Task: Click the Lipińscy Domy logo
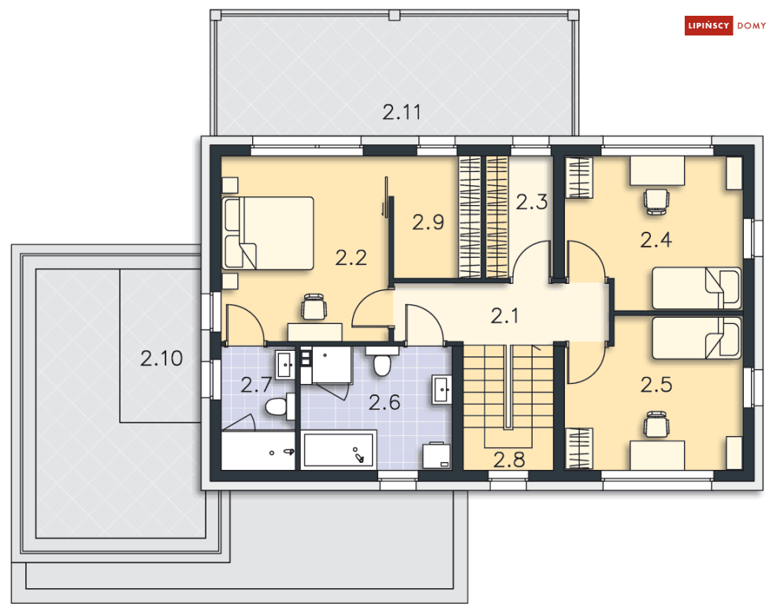[x=725, y=25]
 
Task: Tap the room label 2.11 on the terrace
[x=402, y=112]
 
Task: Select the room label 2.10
[x=162, y=358]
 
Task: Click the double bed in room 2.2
[x=269, y=233]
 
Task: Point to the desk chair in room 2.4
[x=657, y=201]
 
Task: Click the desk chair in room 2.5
[x=657, y=424]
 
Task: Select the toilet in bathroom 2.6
[x=382, y=361]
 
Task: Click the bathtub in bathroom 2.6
[x=338, y=450]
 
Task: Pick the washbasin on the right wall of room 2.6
[x=442, y=389]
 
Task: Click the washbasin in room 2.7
[x=285, y=364]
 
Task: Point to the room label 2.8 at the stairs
[x=509, y=460]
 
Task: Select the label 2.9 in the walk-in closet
[x=428, y=222]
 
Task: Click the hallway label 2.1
[x=504, y=316]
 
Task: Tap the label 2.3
[x=532, y=202]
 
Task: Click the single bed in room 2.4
[x=697, y=289]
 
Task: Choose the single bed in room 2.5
[x=697, y=337]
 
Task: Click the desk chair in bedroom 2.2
[x=314, y=307]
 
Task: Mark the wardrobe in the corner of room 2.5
[x=579, y=449]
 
